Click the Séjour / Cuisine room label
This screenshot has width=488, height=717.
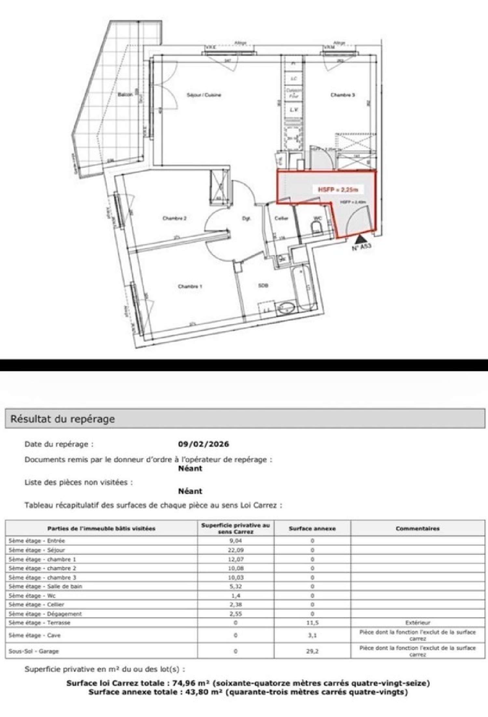[x=204, y=95]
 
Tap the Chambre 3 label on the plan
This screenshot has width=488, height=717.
[x=343, y=95]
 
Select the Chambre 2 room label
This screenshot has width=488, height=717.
[x=174, y=218]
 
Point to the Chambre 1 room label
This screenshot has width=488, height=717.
[x=190, y=287]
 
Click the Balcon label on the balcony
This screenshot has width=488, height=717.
[x=125, y=94]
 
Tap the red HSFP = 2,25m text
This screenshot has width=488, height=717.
[x=338, y=190]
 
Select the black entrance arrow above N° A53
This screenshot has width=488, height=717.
[x=360, y=240]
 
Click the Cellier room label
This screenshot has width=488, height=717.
[x=281, y=218]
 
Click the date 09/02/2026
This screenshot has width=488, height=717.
[x=203, y=444]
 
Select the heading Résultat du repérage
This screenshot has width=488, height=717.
[x=62, y=419]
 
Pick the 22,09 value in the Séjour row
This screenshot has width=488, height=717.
[x=236, y=550]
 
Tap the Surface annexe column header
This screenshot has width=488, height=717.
[x=312, y=528]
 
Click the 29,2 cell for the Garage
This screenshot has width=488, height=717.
[x=312, y=651]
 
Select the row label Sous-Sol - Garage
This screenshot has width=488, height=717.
[x=34, y=651]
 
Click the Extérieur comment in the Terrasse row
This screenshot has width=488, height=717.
[x=417, y=623]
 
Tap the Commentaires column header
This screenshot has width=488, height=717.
[x=417, y=528]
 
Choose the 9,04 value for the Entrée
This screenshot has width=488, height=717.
[x=236, y=541]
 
